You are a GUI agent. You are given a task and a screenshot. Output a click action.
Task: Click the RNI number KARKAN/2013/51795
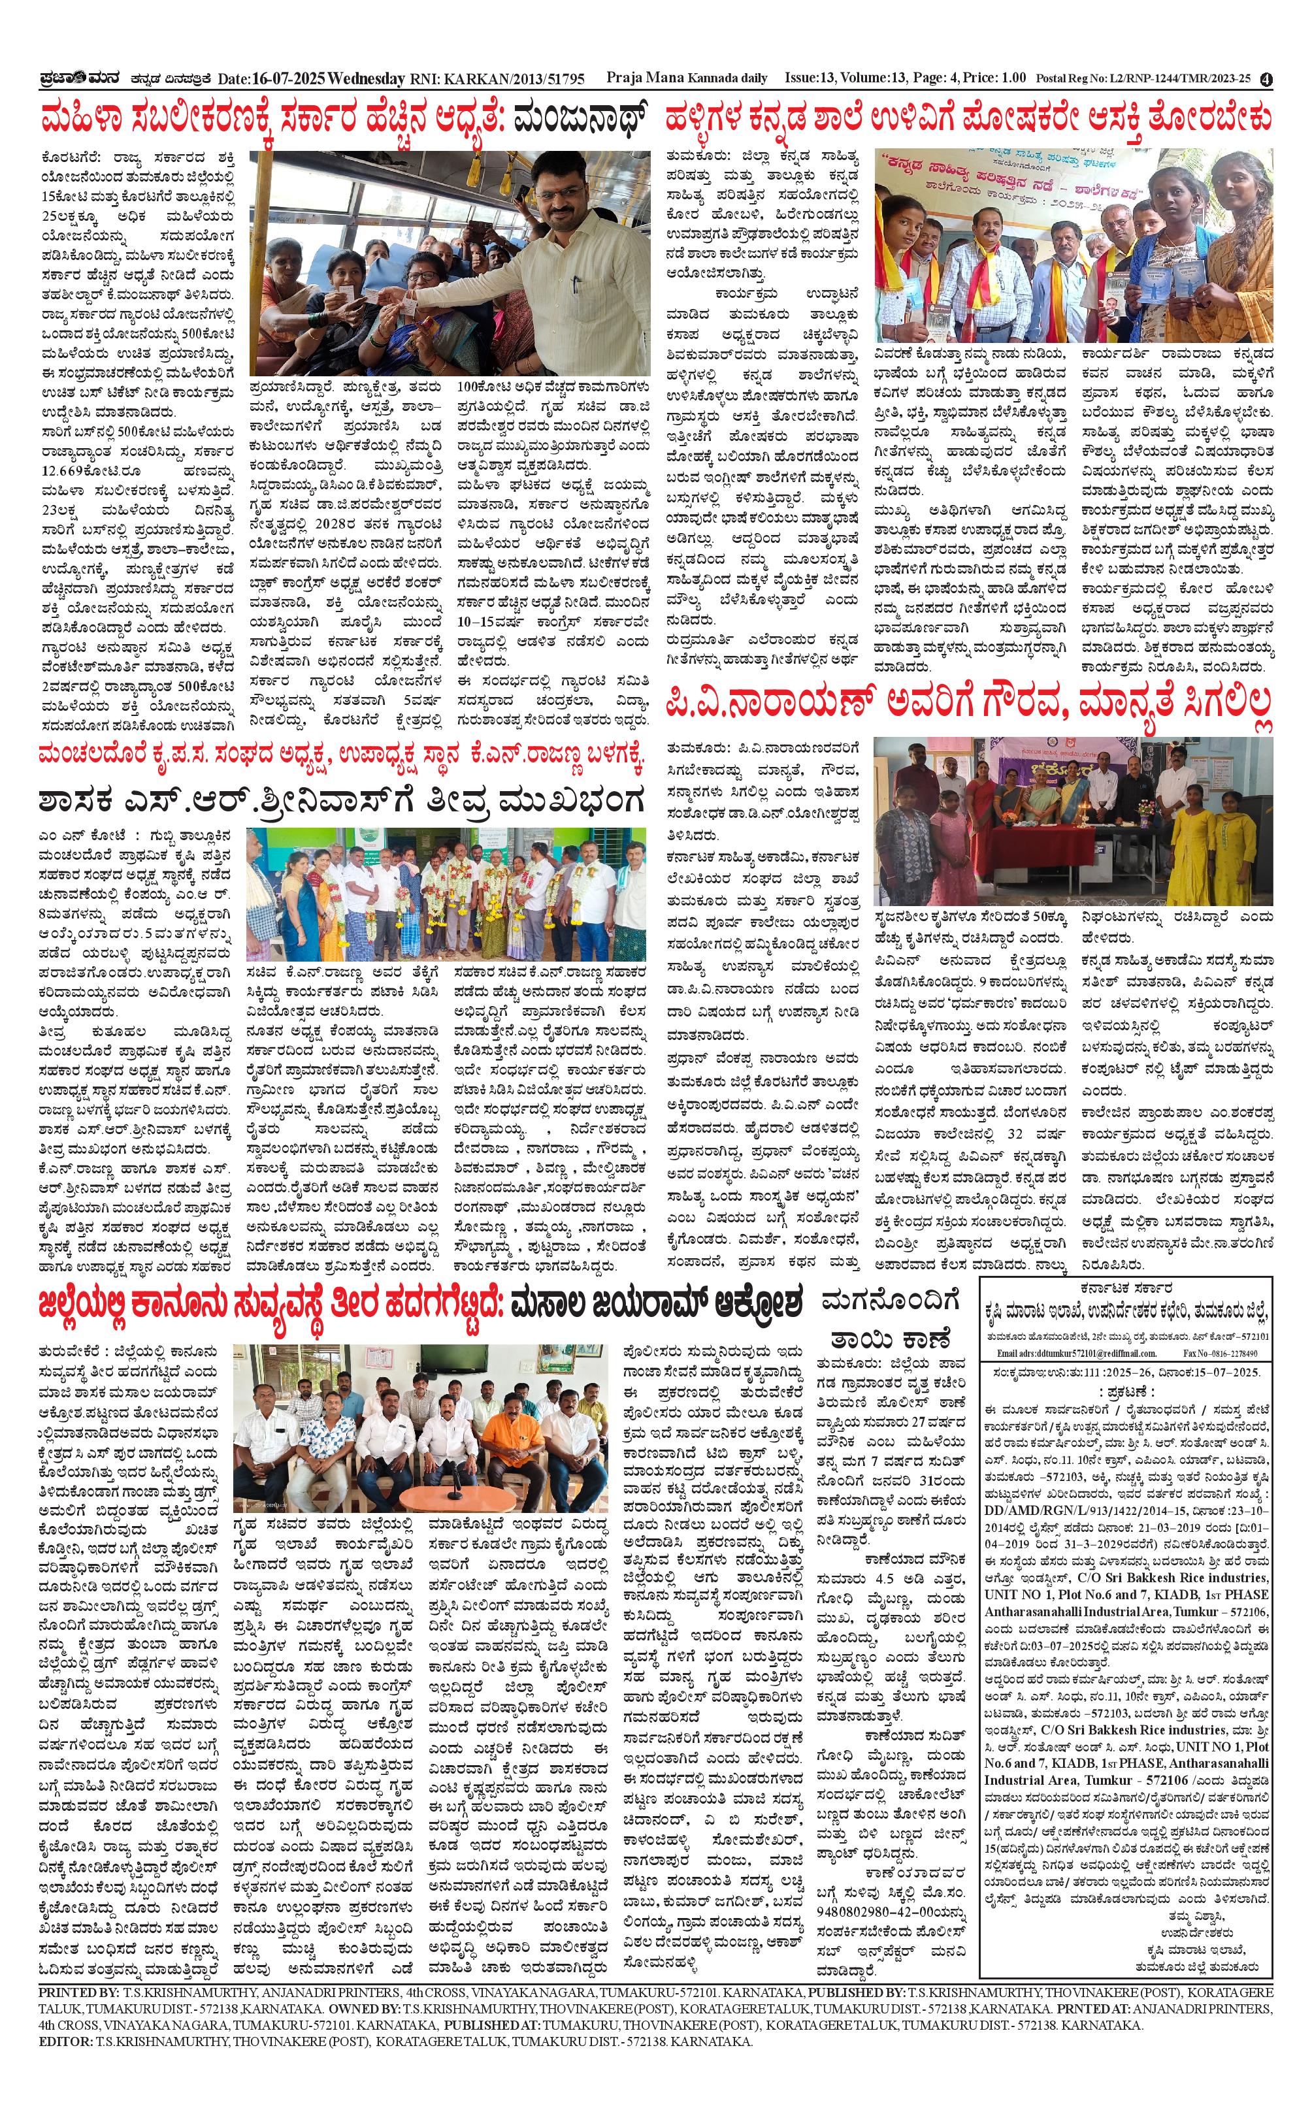(x=513, y=79)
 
